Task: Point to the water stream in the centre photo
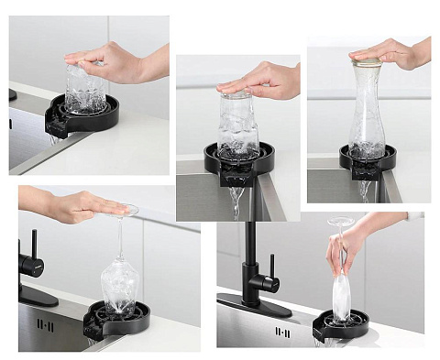[237, 198]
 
